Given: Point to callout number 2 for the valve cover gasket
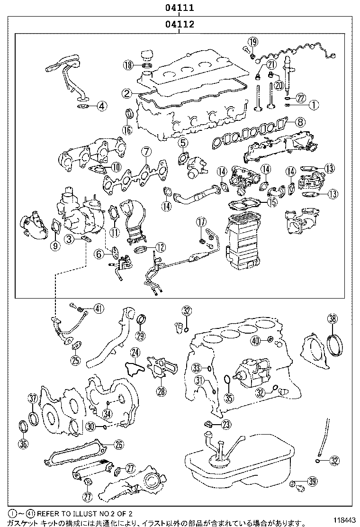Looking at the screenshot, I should click(x=126, y=94).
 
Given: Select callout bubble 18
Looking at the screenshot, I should click(x=127, y=65).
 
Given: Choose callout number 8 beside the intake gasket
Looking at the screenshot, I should click(x=300, y=122).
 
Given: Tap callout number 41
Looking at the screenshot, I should click(x=98, y=309).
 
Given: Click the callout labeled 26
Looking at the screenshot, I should click(x=118, y=444).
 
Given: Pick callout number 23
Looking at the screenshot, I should click(x=226, y=424).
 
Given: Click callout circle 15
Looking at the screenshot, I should click(x=271, y=202).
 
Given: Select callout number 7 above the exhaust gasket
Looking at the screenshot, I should click(x=146, y=152).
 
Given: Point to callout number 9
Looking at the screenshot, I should click(x=55, y=245).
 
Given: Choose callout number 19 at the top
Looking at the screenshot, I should click(x=252, y=42).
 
